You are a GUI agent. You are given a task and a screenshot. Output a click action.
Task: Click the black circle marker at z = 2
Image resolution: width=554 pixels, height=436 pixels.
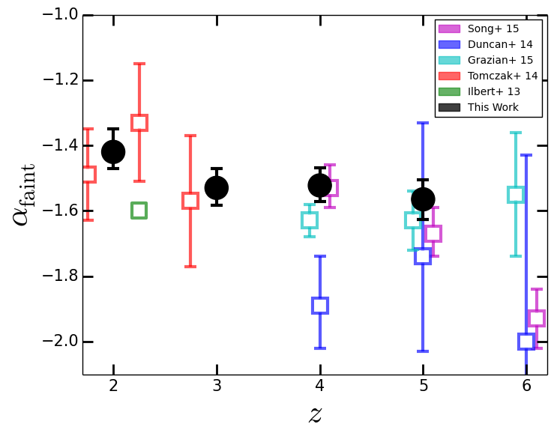tap(113, 152)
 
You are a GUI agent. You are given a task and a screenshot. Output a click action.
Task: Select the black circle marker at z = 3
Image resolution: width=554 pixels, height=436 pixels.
tap(217, 188)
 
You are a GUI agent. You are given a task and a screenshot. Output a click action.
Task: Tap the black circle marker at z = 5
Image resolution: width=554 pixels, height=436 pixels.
tap(423, 199)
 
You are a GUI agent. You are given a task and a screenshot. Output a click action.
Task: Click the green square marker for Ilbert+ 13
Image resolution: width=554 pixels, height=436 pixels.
tap(139, 211)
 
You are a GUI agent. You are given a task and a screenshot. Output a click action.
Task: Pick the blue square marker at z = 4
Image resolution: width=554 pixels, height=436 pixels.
tap(320, 306)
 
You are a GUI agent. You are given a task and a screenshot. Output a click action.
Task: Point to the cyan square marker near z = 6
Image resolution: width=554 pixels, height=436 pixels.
tap(516, 195)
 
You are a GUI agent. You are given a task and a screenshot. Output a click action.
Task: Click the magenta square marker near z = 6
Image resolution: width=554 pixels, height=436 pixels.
tap(537, 318)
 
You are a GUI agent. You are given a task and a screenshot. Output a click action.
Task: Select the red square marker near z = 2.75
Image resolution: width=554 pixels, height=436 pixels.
tap(190, 201)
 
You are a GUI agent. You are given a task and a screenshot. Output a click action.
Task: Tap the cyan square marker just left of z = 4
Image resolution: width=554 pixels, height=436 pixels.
tap(310, 220)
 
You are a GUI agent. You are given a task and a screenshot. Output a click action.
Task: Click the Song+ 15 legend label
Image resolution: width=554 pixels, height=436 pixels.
tap(493, 28)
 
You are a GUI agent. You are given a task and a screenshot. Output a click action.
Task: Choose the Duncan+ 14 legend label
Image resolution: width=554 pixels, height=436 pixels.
tap(500, 44)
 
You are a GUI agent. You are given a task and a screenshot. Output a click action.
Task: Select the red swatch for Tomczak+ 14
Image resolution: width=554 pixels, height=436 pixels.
tap(449, 76)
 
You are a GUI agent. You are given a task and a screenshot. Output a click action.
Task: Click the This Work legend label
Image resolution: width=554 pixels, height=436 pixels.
tap(493, 107)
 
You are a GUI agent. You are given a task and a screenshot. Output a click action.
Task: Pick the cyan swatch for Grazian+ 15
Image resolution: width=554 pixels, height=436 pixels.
tap(449, 60)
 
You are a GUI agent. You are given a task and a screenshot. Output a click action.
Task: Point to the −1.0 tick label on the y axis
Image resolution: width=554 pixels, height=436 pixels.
tap(60, 14)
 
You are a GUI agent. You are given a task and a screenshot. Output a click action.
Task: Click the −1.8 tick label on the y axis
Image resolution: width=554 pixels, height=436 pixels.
tap(60, 276)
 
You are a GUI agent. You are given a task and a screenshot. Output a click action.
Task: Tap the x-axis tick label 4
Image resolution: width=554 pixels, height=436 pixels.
tap(320, 386)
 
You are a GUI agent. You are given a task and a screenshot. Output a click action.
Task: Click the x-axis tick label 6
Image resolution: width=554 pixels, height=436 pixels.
tap(526, 386)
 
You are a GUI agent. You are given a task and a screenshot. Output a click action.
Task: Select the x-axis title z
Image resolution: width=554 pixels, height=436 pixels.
tap(315, 414)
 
